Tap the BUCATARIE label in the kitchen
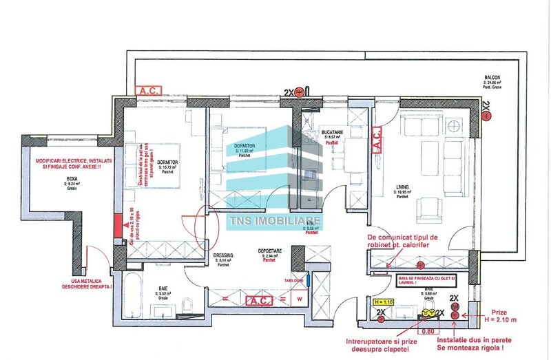[x=333, y=131]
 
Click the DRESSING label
[x=223, y=255]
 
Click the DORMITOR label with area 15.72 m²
[x=167, y=162]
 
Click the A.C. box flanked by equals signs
[x=261, y=300]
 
